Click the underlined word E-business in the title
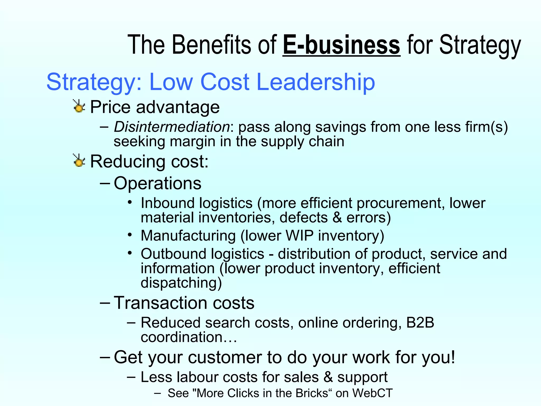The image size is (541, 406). click(x=341, y=45)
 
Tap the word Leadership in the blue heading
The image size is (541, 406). click(x=316, y=82)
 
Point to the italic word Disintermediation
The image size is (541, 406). click(x=172, y=127)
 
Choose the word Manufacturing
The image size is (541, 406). click(x=188, y=236)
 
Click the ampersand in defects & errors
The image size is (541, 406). click(x=337, y=218)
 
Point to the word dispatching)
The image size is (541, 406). click(x=181, y=283)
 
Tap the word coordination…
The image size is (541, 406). click(x=189, y=337)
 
